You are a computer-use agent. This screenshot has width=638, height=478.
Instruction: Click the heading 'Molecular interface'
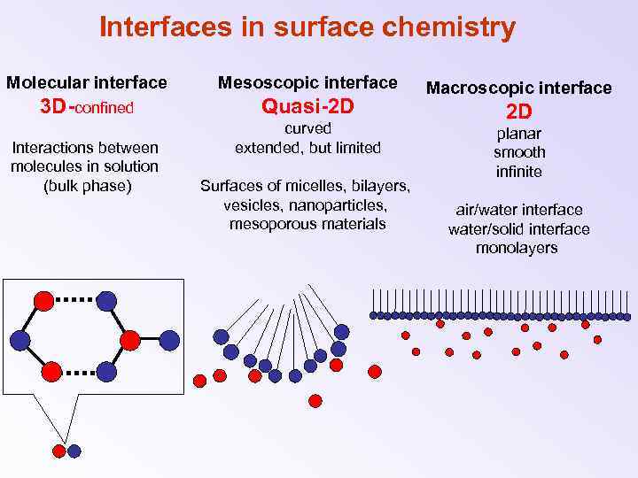pyautogui.click(x=87, y=82)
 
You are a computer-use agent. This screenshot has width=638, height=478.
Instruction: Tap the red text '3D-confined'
pyautogui.click(x=87, y=107)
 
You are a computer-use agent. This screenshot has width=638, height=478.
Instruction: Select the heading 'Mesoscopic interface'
pyautogui.click(x=307, y=82)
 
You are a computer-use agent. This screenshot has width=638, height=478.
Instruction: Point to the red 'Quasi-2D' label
pyautogui.click(x=307, y=107)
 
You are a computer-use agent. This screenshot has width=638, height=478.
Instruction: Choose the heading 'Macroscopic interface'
pyautogui.click(x=518, y=87)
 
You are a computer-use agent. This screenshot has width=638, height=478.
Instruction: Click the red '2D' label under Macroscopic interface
pyautogui.click(x=518, y=112)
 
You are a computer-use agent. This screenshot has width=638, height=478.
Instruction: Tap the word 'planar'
pyautogui.click(x=518, y=134)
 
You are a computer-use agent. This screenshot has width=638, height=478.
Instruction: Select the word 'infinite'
pyautogui.click(x=518, y=172)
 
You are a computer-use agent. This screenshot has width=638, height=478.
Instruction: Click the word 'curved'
pyautogui.click(x=307, y=128)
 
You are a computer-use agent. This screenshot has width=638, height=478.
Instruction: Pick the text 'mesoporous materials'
pyautogui.click(x=307, y=224)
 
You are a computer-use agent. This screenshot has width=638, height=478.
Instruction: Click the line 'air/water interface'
pyautogui.click(x=518, y=210)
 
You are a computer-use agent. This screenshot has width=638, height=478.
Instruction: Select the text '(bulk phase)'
pyautogui.click(x=87, y=186)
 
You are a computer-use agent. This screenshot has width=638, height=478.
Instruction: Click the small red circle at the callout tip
pyautogui.click(x=59, y=451)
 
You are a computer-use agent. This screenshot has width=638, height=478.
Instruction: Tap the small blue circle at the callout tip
pyautogui.click(x=74, y=451)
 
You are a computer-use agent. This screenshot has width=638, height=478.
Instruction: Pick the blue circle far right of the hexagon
pyautogui.click(x=169, y=340)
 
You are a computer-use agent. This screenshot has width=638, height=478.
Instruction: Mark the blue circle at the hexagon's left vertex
pyautogui.click(x=19, y=340)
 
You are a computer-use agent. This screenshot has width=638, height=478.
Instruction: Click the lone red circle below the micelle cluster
pyautogui.click(x=315, y=400)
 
